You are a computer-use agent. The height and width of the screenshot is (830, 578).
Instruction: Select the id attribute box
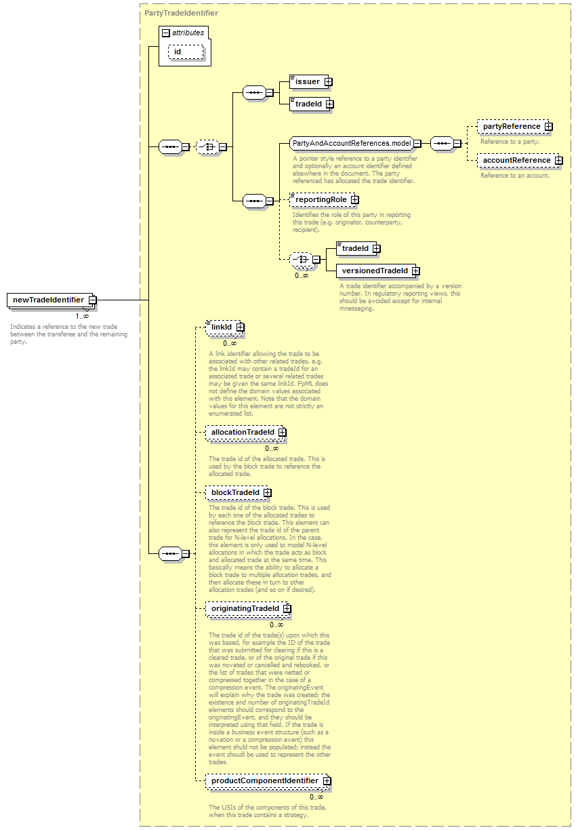point(186,52)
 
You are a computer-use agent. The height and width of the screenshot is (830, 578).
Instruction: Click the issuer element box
point(310,81)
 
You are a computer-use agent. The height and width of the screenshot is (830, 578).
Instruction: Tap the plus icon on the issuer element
point(328,82)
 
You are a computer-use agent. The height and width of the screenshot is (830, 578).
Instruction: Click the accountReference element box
point(520,161)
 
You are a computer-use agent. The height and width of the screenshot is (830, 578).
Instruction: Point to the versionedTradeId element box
point(377,271)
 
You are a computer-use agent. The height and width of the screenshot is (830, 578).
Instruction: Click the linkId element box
point(225,327)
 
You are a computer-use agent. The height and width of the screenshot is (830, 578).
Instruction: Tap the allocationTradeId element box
point(246,433)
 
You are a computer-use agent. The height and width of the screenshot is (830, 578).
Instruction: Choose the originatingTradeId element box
point(248,609)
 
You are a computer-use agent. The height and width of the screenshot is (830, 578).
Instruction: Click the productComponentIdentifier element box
point(268,780)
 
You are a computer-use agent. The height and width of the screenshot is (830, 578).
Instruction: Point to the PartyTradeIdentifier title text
point(181,13)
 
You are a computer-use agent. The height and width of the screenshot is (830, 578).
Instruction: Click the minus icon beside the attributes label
point(166,33)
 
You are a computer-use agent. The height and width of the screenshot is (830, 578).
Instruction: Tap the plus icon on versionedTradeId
point(416,271)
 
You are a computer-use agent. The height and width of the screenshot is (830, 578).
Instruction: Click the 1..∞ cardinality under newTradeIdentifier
point(82,316)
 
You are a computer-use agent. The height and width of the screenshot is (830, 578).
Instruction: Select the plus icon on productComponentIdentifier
point(327,780)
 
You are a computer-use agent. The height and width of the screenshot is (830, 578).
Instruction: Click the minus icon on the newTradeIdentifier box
point(93,300)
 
